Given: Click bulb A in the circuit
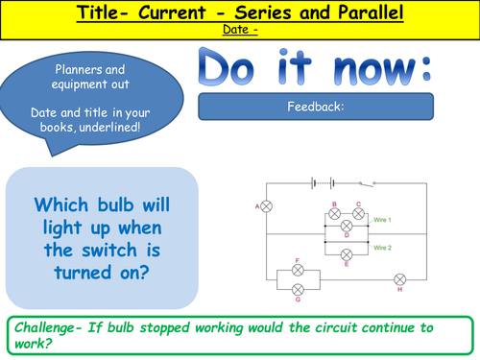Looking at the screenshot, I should coord(268,206).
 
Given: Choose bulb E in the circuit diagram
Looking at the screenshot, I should coord(347,252).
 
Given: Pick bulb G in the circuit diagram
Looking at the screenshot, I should coord(299,288).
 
